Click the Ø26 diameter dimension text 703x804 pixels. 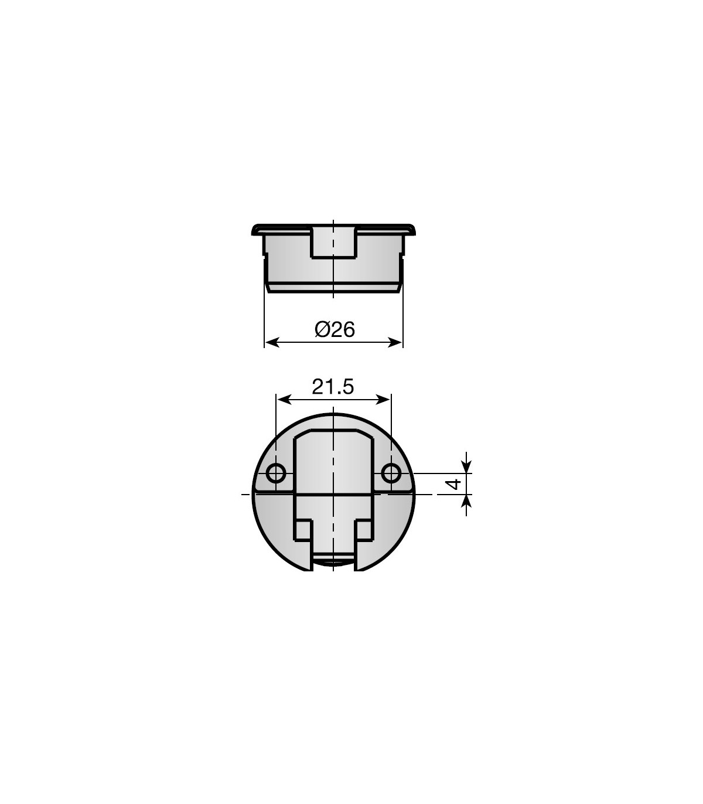pos(335,329)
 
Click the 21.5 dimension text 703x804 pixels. pos(333,387)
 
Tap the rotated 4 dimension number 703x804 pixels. pos(455,483)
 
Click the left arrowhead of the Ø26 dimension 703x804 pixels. pos(272,342)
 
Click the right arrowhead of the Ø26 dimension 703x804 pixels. pos(395,342)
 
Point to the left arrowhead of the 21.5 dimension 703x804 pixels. pos(284,400)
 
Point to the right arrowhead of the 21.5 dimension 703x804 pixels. pos(383,400)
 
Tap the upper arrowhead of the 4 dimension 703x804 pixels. pos(466,466)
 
